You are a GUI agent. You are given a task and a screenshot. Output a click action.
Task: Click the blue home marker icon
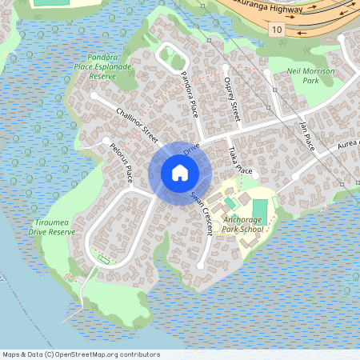[180, 172]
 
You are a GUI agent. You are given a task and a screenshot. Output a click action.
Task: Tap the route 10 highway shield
[277, 30]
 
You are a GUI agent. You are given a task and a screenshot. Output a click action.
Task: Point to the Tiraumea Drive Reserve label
[51, 226]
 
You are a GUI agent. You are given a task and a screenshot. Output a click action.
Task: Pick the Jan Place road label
[306, 134]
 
